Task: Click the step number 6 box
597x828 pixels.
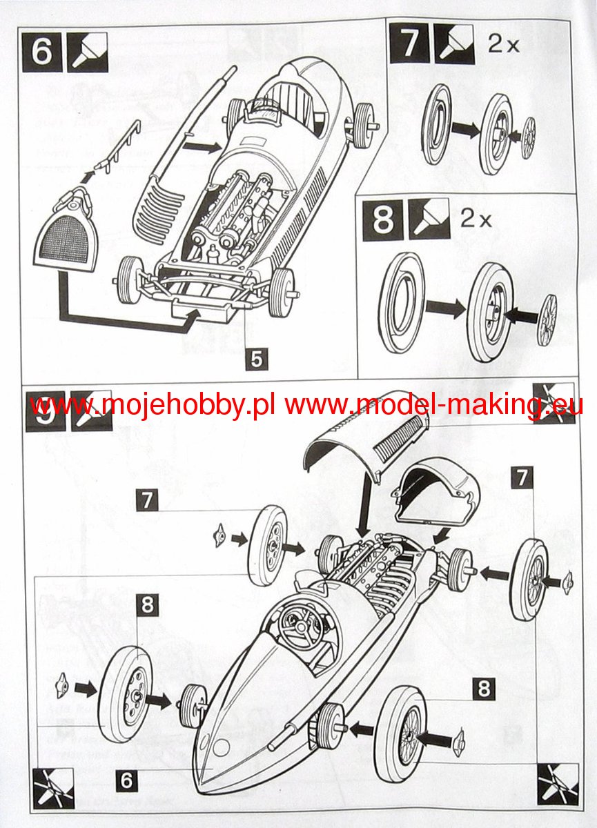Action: click(42, 51)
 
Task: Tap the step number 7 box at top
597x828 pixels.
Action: click(409, 43)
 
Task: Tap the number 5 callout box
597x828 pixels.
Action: click(256, 359)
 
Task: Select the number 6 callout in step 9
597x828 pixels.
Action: click(126, 780)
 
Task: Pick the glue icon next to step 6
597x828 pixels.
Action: click(87, 51)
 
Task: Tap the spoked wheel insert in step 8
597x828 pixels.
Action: click(547, 319)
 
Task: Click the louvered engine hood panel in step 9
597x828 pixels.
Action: click(367, 442)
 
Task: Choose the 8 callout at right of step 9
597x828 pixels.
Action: click(484, 688)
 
